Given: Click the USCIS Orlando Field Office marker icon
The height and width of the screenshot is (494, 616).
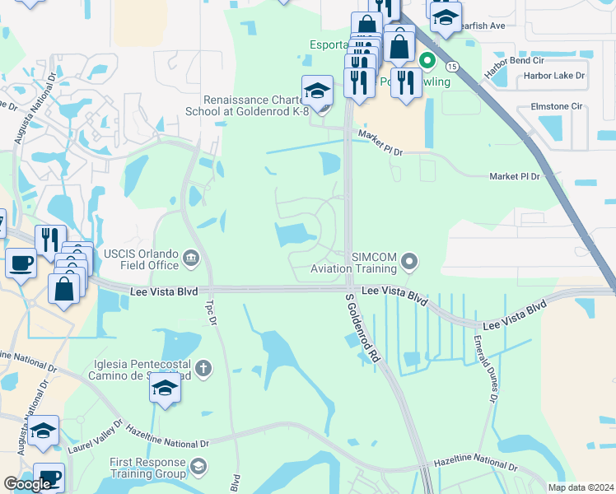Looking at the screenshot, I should (191, 260).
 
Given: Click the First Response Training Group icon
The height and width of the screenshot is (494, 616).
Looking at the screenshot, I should (198, 468).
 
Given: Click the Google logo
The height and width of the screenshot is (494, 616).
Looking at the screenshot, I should (27, 484).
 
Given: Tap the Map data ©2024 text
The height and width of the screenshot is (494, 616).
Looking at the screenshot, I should (581, 487).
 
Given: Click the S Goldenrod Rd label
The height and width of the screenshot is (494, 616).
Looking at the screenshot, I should (362, 328).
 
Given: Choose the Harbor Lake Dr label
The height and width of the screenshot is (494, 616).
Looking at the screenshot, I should (553, 76).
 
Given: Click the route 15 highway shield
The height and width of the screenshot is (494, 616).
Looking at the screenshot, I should (452, 65).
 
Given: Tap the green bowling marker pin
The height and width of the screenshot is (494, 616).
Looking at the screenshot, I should (427, 60).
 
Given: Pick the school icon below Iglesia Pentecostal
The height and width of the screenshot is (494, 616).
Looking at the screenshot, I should (165, 389).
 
